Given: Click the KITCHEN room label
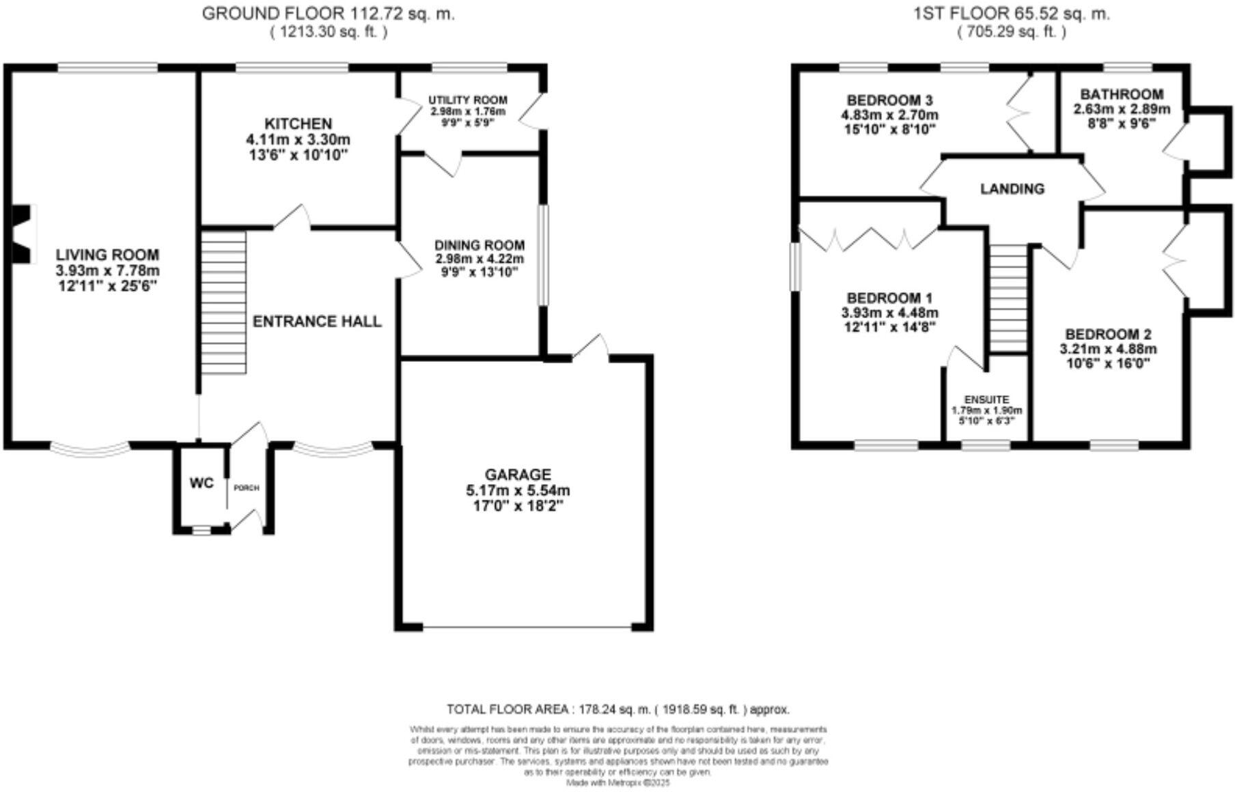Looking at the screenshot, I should click(x=298, y=124).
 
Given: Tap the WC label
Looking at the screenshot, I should click(x=202, y=483).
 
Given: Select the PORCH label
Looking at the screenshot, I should click(x=246, y=488).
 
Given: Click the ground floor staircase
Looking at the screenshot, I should click(x=223, y=302).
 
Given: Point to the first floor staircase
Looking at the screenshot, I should click(x=1009, y=298).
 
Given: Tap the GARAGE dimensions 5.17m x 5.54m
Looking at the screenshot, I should click(x=517, y=490).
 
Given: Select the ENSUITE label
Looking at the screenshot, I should click(x=986, y=399).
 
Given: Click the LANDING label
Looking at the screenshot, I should click(x=1012, y=188).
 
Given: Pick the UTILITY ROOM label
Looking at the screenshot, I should click(x=468, y=100).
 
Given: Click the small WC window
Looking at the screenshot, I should click(x=202, y=529).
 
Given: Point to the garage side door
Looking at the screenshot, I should click(x=591, y=347).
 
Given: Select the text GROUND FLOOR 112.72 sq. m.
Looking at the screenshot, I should click(x=328, y=14).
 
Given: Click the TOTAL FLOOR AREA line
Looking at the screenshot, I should click(x=617, y=709).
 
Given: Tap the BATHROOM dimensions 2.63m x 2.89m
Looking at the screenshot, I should click(x=1122, y=109).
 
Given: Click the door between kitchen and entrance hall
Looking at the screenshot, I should click(x=293, y=218).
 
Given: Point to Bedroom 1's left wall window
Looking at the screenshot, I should click(x=795, y=266).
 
